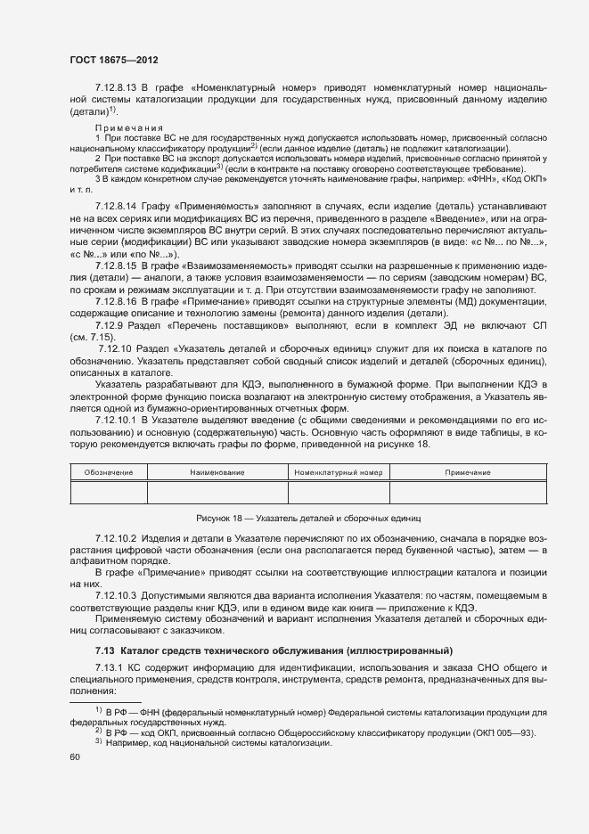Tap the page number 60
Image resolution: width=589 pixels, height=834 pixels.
point(75,756)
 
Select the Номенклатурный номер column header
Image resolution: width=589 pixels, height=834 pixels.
point(338,472)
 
